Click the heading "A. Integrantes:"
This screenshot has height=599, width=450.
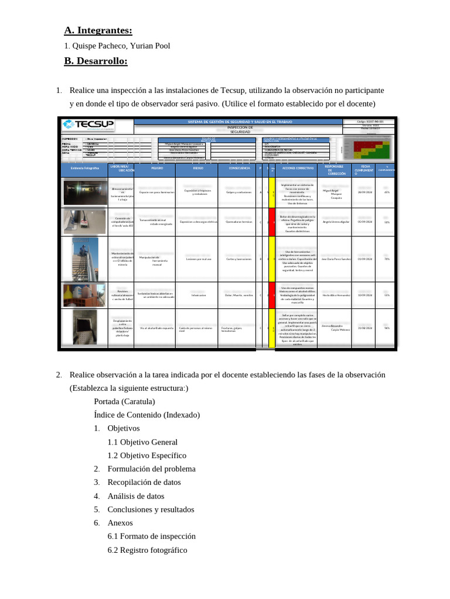pos(98,30)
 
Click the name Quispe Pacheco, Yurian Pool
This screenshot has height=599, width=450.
pos(120,46)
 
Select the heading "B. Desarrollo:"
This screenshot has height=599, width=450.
pos(96,61)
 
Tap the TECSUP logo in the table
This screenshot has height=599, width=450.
pos(89,126)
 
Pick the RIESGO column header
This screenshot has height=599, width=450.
pos(198,169)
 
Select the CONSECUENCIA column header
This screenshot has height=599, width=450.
pos(238,169)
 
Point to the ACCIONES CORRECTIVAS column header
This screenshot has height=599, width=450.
pos(298,169)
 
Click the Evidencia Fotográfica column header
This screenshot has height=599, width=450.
pos(84,169)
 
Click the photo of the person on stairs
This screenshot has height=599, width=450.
pos(84,258)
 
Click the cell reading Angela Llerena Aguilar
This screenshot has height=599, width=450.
pos(336,222)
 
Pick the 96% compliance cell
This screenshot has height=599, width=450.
pos(387,328)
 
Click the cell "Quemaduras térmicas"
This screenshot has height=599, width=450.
pos(238,222)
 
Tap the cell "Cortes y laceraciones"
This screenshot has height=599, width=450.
pos(238,259)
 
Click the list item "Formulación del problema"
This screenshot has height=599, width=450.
pos(151,469)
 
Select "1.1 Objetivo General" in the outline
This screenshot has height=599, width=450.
pos(142,442)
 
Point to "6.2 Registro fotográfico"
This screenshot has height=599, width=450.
pos(147,550)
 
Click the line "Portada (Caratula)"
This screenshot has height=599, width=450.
pos(124,401)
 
